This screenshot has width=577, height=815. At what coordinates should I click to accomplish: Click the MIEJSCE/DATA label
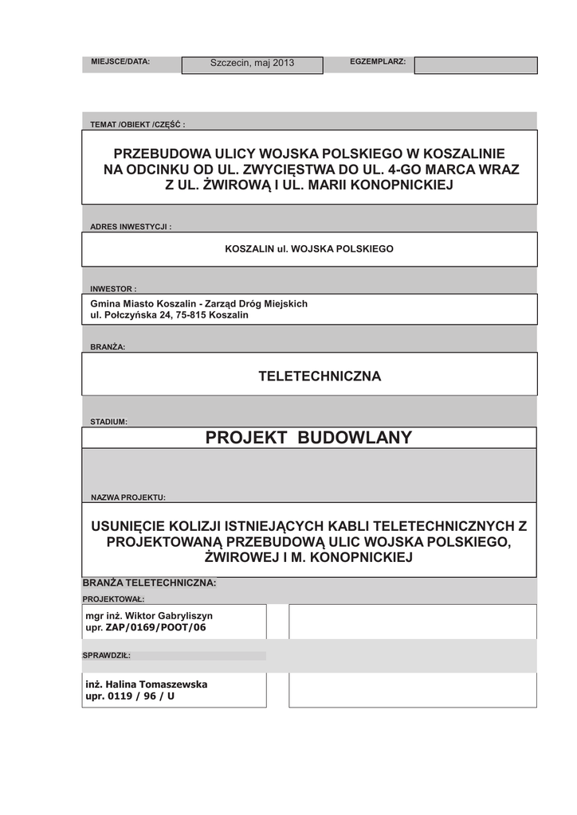pos(120,61)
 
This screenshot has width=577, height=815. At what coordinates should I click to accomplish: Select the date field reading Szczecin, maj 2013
pos(252,64)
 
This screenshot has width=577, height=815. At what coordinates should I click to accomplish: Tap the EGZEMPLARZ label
pos(378,61)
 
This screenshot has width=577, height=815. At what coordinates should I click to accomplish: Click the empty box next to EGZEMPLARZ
pos(476,65)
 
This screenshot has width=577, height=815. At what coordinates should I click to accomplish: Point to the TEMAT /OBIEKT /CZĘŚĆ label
pos(137,125)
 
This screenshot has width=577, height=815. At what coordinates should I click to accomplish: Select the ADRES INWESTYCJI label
pos(131,227)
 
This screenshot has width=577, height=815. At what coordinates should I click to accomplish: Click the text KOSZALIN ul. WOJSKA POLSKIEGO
pos(309,249)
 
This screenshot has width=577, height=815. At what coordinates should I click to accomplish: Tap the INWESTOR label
pos(113,289)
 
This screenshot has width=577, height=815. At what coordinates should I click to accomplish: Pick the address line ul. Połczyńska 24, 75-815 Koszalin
pos(170,315)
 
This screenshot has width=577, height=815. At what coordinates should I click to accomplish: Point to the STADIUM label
pos(109,422)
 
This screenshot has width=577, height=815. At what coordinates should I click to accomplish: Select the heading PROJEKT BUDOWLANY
pos(308,438)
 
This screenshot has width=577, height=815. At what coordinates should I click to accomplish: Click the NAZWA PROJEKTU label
pos(128,497)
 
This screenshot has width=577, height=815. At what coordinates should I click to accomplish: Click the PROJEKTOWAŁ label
pos(113,599)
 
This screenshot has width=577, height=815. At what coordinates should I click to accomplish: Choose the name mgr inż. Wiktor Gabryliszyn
pos(149,616)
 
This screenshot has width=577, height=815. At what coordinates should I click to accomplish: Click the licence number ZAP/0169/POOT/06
pos(156,627)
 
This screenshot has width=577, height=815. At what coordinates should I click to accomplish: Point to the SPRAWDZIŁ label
pos(106,656)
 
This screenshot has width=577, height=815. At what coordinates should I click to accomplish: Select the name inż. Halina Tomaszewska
pos(147,684)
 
